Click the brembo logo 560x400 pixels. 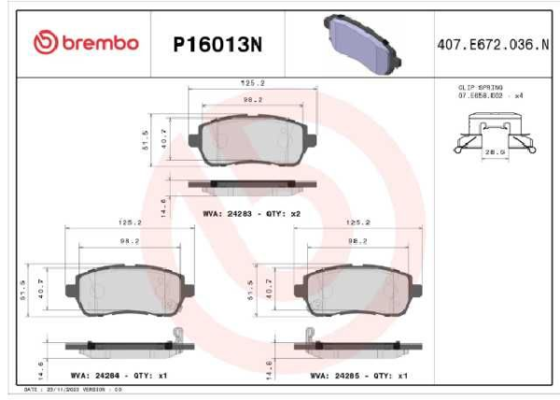(x=85, y=42)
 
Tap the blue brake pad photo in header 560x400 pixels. (x=360, y=42)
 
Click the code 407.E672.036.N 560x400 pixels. (x=486, y=43)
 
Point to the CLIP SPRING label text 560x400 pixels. (x=480, y=86)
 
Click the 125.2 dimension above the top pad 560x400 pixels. (x=243, y=82)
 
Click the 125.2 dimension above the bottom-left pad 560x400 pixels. (x=129, y=223)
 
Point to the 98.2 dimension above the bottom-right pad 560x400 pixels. (x=357, y=240)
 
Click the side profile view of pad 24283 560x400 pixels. (x=244, y=184)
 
